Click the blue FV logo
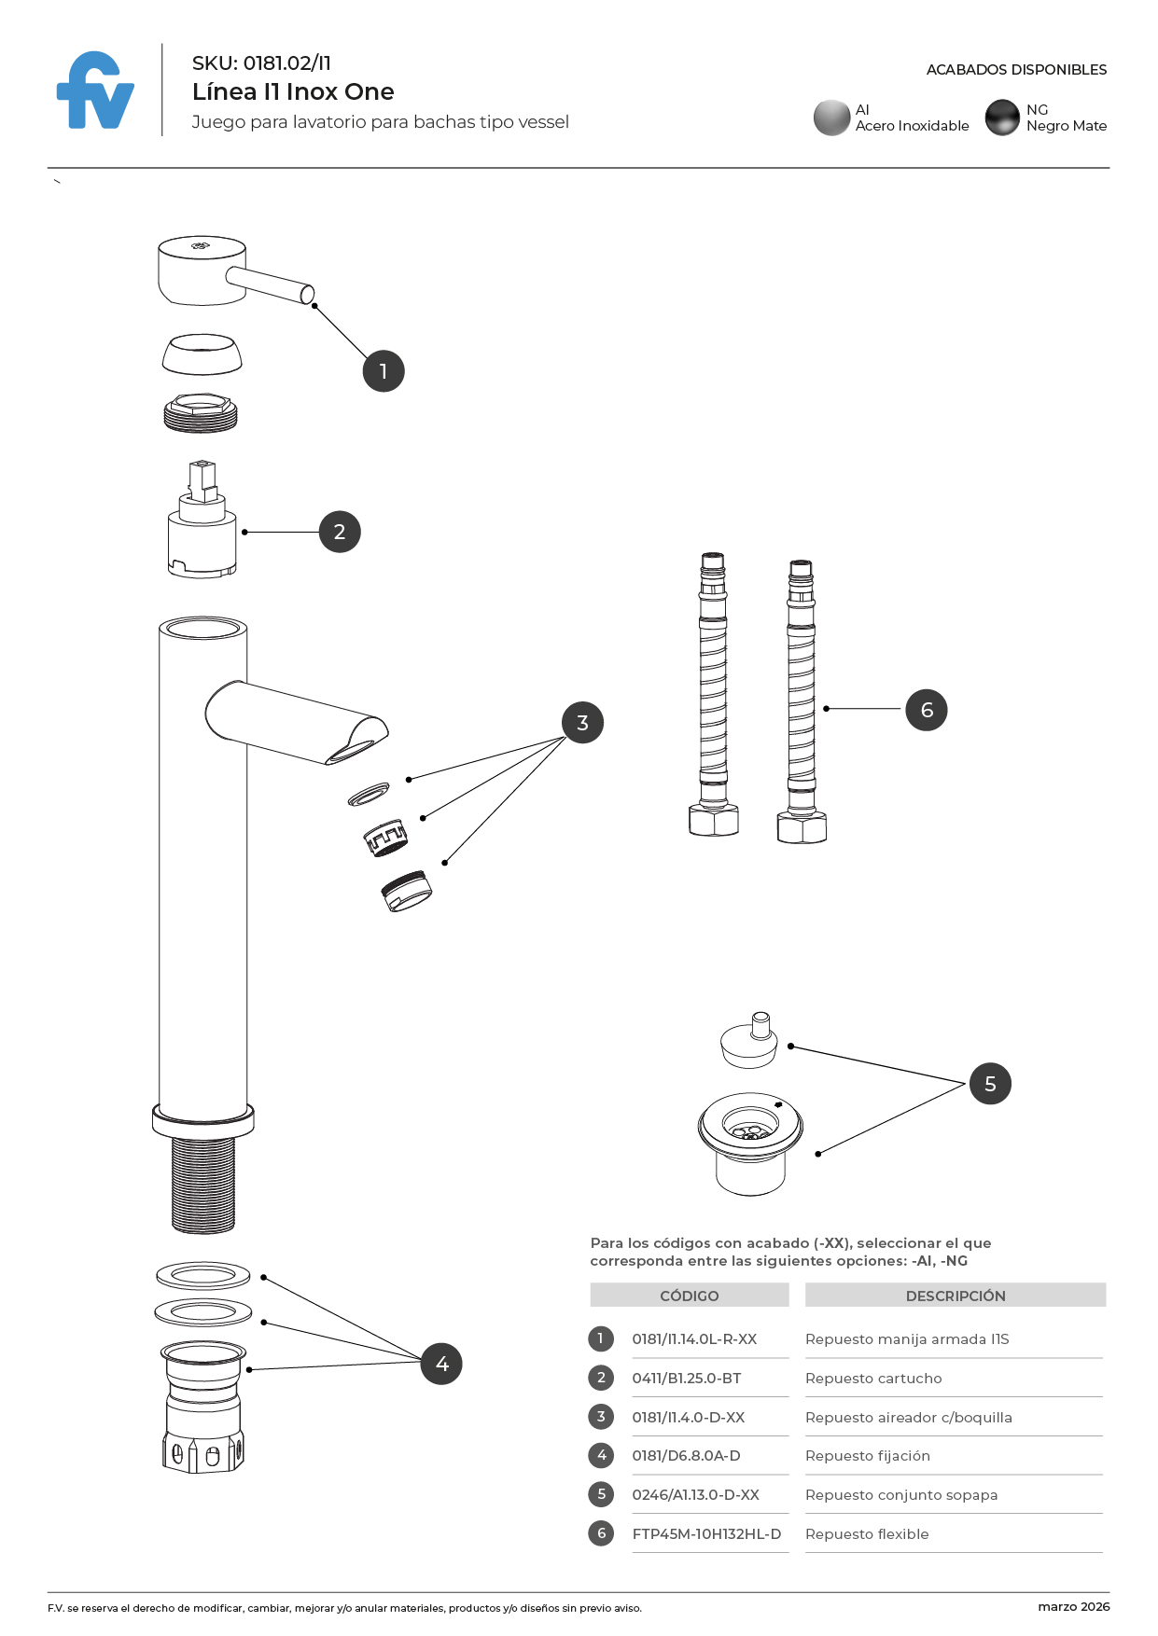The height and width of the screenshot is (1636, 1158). pyautogui.click(x=95, y=91)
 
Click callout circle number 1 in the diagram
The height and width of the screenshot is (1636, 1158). pyautogui.click(x=383, y=371)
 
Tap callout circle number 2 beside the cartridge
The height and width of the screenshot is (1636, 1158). pyautogui.click(x=340, y=532)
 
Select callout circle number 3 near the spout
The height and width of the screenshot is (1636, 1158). pyautogui.click(x=582, y=723)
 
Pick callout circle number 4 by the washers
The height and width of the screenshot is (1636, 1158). pyautogui.click(x=441, y=1364)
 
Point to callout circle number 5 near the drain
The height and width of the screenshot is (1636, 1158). pyautogui.click(x=990, y=1084)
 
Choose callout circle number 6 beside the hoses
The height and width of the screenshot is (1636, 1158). pyautogui.click(x=927, y=710)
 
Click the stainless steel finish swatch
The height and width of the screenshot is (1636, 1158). pyautogui.click(x=831, y=118)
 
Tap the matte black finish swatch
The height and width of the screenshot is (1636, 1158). pyautogui.click(x=1002, y=118)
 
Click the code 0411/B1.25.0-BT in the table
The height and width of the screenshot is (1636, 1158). pyautogui.click(x=687, y=1379)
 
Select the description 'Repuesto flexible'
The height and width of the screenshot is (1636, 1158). pyautogui.click(x=867, y=1534)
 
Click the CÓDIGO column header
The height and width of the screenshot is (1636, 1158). pyautogui.click(x=690, y=1296)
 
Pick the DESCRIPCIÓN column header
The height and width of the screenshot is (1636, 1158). pyautogui.click(x=956, y=1296)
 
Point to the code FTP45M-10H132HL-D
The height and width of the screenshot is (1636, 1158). pyautogui.click(x=706, y=1534)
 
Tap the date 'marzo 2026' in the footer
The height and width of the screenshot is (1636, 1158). pyautogui.click(x=1073, y=1606)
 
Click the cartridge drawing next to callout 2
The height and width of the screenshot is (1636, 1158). pyautogui.click(x=202, y=527)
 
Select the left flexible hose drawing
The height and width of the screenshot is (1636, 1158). pyautogui.click(x=713, y=695)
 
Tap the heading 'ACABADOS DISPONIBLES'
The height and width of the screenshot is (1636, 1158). pyautogui.click(x=1016, y=70)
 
